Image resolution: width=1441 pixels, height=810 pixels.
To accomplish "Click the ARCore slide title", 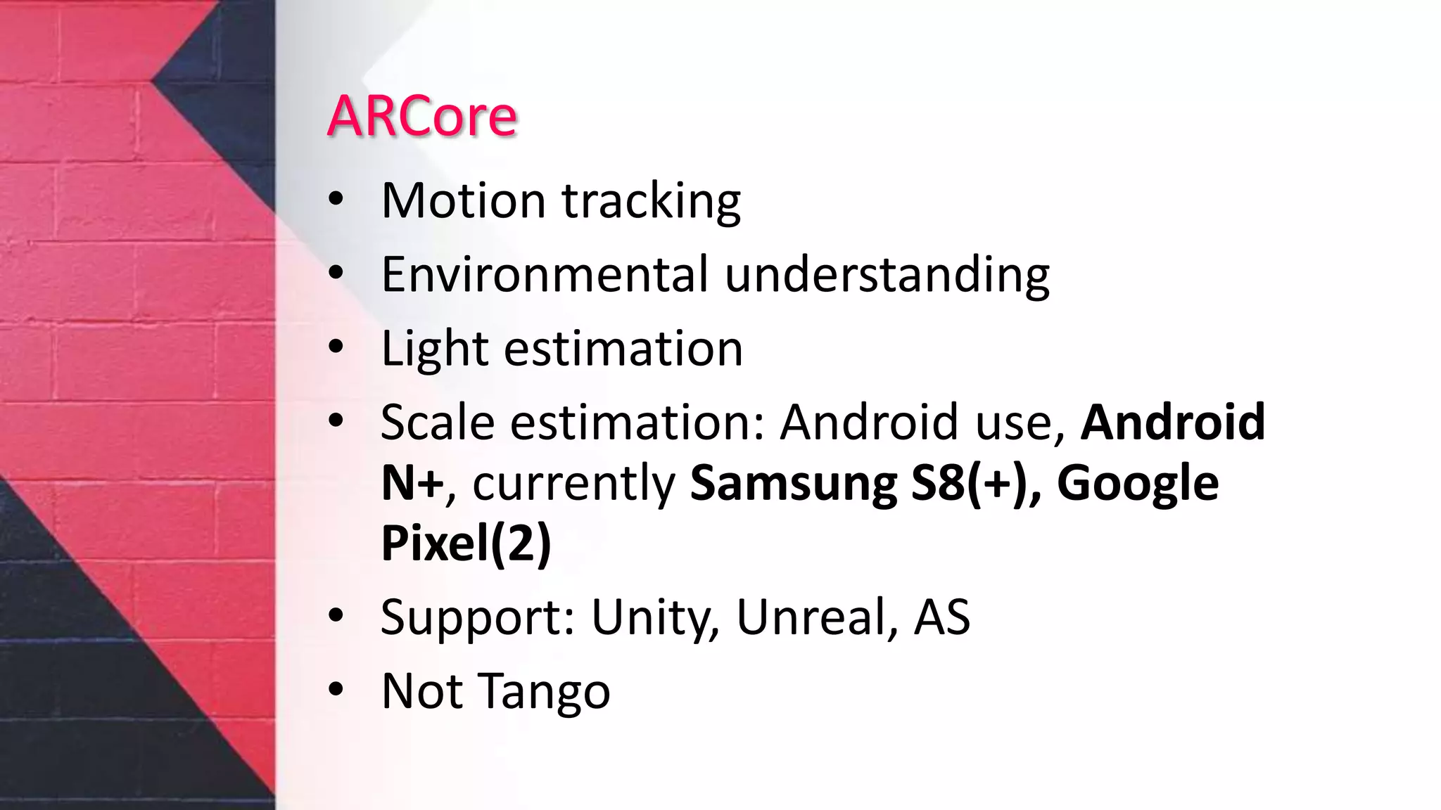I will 422,116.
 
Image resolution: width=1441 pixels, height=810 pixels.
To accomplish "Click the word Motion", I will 463,201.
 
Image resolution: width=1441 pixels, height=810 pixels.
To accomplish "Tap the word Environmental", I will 545,274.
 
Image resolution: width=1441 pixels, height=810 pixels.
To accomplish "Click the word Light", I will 434,349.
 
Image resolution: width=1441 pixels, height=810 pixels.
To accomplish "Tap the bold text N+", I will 412,483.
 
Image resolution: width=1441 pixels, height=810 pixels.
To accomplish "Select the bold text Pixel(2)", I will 466,543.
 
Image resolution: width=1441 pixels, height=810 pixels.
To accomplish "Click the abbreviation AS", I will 941,617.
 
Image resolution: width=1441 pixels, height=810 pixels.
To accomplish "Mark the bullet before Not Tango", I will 336,690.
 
